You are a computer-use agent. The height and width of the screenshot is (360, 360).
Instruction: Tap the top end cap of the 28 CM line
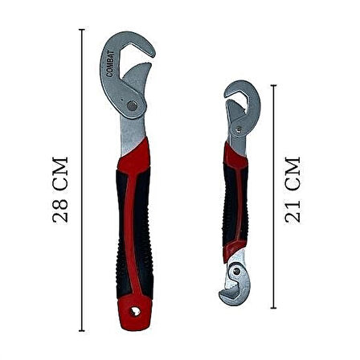pos(82,30)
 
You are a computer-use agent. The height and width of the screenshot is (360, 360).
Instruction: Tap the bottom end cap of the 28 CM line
pos(82,330)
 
